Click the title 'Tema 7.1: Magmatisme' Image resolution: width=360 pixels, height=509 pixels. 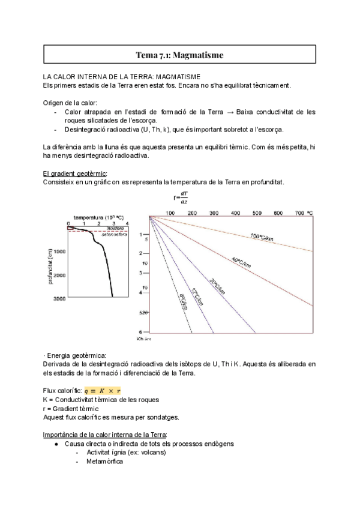coord(179,56)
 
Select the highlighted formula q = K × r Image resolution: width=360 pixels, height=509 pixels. coord(103,390)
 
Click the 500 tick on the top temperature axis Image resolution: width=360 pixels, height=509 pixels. coord(257,213)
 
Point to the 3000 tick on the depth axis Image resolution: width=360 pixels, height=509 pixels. coord(59,298)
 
